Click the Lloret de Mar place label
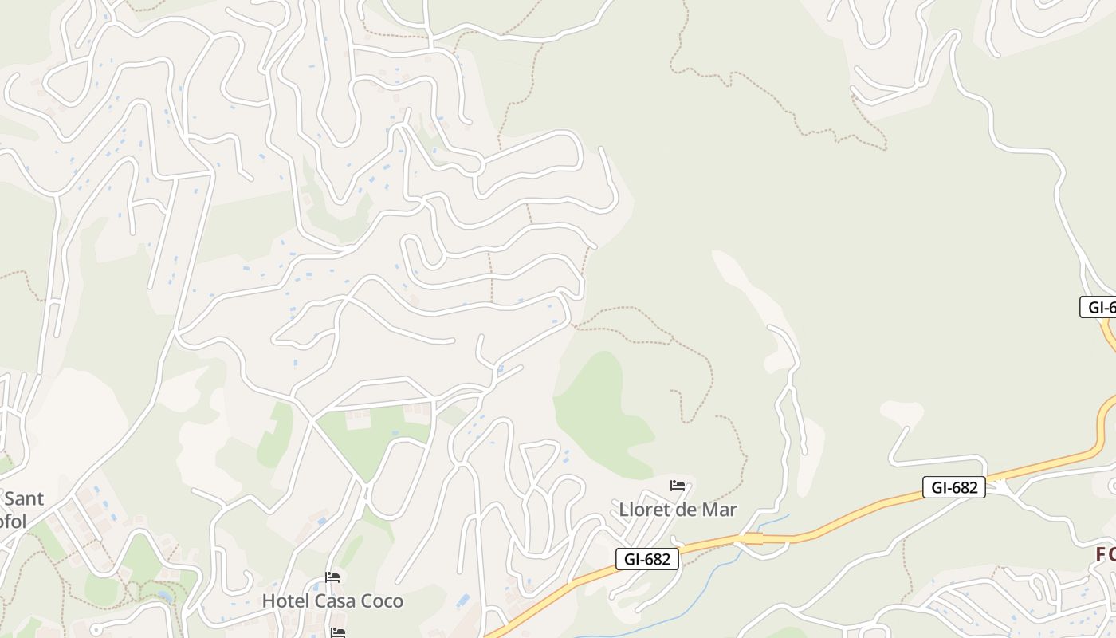(x=678, y=509)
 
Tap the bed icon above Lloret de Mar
(x=678, y=485)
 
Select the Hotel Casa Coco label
(x=332, y=601)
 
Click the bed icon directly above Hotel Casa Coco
(x=332, y=577)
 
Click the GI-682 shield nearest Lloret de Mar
(x=646, y=559)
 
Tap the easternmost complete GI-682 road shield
(x=953, y=487)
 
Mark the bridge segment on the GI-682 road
(x=753, y=540)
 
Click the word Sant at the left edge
(x=24, y=499)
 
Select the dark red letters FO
(x=1105, y=555)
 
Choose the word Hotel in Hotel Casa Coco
(x=286, y=601)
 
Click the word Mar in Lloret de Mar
(x=719, y=509)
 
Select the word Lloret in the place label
(x=645, y=509)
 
